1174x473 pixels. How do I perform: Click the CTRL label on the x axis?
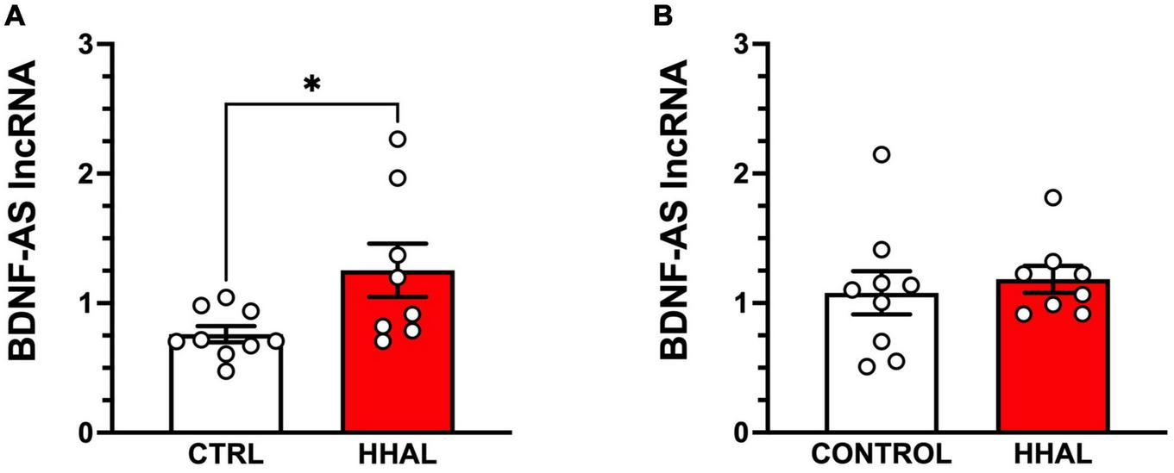click(225, 454)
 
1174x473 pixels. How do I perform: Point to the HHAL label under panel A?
click(397, 454)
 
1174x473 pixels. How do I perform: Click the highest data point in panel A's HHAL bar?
click(398, 139)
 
